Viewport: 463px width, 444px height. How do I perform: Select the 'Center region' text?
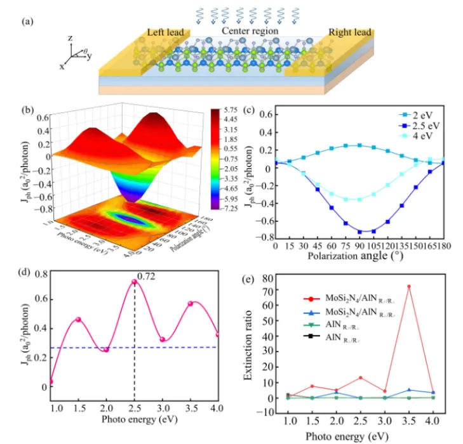(249, 30)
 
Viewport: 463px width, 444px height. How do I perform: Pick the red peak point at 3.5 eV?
(408, 287)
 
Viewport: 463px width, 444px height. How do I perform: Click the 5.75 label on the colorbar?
(231, 110)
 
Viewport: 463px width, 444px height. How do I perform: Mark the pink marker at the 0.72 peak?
(134, 282)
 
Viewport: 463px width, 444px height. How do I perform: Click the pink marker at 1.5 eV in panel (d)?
(79, 319)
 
